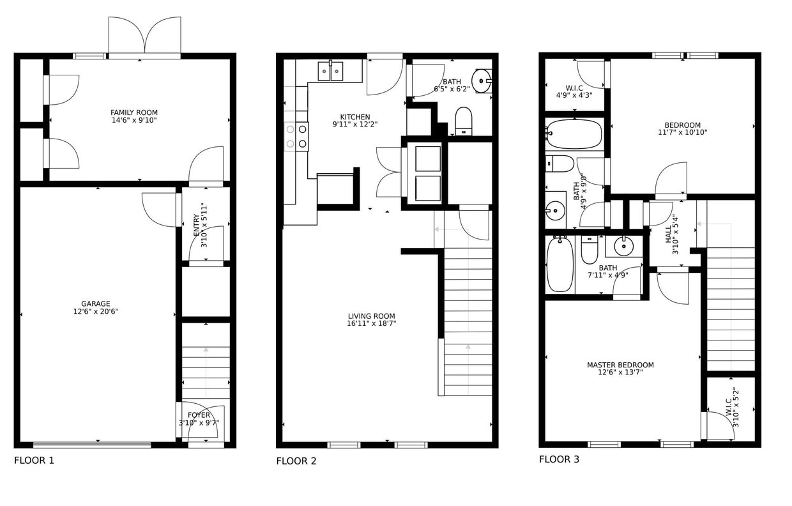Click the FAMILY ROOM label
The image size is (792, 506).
[x=133, y=112]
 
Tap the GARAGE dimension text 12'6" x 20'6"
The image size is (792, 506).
[x=96, y=312]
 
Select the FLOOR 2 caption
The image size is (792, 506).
[x=296, y=461]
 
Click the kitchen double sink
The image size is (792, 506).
[x=331, y=71]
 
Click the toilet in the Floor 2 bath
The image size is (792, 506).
[x=463, y=120]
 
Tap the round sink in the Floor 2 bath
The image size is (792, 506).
[x=482, y=80]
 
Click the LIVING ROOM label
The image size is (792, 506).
[x=371, y=316]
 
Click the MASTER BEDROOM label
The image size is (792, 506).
[x=620, y=365]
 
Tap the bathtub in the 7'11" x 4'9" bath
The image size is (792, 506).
[x=560, y=264]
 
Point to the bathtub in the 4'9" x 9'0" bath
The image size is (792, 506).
[x=574, y=134]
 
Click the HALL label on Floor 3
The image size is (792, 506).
[x=669, y=233]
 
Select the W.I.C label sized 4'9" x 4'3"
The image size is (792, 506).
[x=574, y=88]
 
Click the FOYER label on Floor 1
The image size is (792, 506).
[x=199, y=415]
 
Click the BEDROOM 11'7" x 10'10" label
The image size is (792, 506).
[x=682, y=125]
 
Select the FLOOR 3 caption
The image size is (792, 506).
[x=559, y=459]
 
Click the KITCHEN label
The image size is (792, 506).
[x=354, y=117]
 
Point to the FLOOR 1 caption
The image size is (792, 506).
[x=34, y=460]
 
